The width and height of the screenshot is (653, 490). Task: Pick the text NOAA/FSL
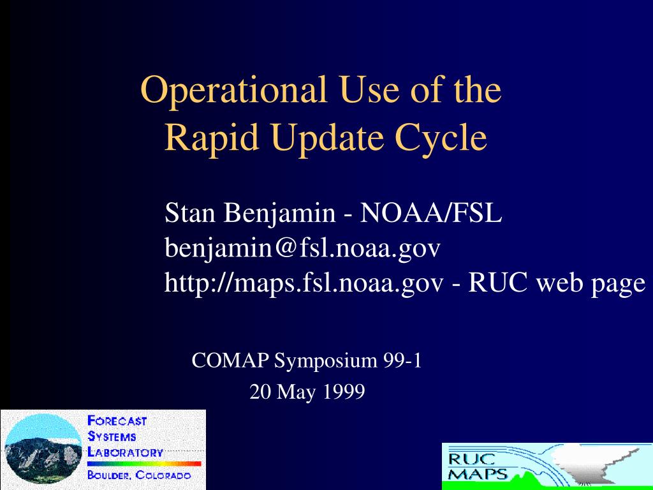coord(431,213)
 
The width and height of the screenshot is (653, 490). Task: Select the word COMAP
coord(230,360)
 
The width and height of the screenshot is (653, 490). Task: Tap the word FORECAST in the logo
coord(117,421)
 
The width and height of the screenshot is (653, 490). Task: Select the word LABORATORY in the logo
coord(125,452)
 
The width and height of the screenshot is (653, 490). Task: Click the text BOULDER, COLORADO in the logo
coord(139,475)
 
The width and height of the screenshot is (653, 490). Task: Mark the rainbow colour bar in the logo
coord(144,463)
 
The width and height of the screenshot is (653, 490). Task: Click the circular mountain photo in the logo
coord(44,449)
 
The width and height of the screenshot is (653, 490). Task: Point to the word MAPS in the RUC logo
coord(478,475)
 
